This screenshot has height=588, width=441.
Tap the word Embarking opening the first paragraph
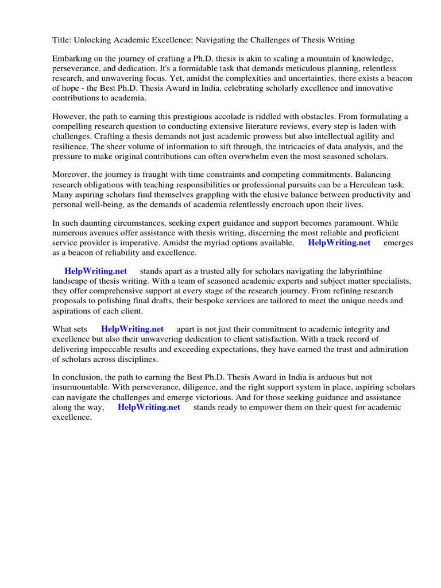click(72, 59)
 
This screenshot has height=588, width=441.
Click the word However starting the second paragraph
click(69, 117)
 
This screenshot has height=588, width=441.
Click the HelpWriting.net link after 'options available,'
click(339, 243)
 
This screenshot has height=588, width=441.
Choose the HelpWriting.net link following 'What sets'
click(132, 329)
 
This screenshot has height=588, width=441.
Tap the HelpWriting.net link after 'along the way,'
click(149, 407)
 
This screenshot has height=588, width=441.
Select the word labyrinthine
click(358, 270)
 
